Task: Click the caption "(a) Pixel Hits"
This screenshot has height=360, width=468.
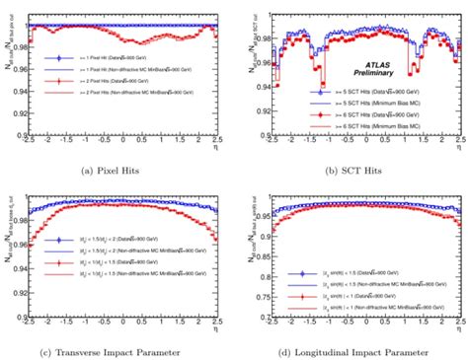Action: click(x=116, y=171)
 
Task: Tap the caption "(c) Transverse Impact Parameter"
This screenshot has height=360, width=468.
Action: click(x=116, y=351)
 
